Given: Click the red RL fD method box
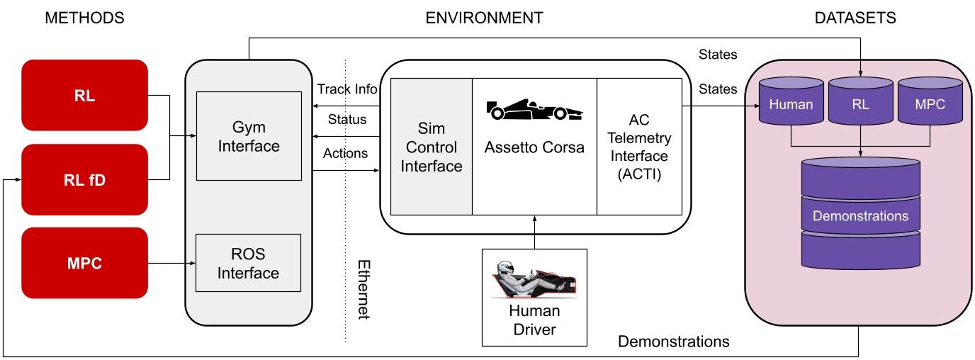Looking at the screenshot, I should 84,179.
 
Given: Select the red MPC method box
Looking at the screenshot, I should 84,263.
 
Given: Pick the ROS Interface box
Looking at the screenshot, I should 248,262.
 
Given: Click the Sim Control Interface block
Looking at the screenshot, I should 432,147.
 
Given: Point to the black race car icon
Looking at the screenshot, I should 535,110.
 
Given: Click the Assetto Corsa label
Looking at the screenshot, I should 534,148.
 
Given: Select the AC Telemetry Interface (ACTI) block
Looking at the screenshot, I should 639,147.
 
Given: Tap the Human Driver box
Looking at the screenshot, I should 534,298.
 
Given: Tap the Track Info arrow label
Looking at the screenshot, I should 347,89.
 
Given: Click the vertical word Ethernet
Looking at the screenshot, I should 363,289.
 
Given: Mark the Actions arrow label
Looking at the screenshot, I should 345,153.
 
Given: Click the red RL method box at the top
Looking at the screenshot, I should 84,95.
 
